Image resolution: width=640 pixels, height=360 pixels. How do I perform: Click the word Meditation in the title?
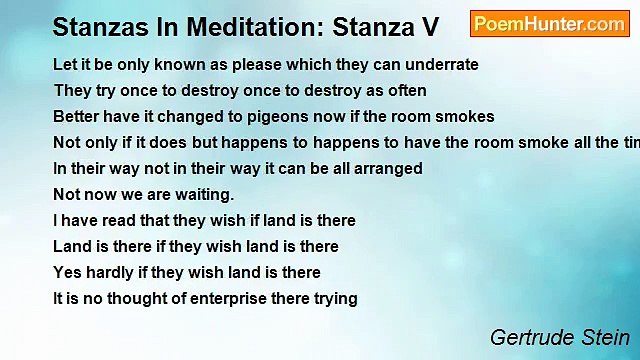tap(251, 23)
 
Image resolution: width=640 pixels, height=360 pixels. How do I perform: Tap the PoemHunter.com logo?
tap(549, 23)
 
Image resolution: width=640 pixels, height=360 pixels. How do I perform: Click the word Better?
tap(76, 116)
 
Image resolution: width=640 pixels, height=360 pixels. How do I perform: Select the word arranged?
tap(388, 168)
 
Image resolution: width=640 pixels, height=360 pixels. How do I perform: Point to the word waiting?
tap(206, 194)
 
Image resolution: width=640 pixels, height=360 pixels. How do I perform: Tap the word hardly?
tap(114, 272)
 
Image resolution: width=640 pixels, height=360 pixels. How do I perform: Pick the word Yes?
tap(67, 272)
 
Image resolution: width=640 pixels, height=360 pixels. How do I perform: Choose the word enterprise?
tap(225, 298)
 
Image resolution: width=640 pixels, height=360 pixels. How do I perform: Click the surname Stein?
tap(606, 336)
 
